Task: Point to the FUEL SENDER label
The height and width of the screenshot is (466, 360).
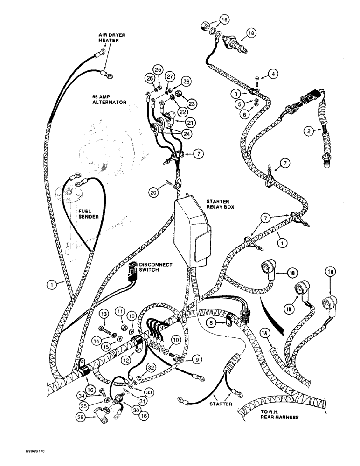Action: pyautogui.click(x=88, y=214)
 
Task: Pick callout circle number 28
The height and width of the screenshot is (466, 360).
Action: pyautogui.click(x=186, y=82)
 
